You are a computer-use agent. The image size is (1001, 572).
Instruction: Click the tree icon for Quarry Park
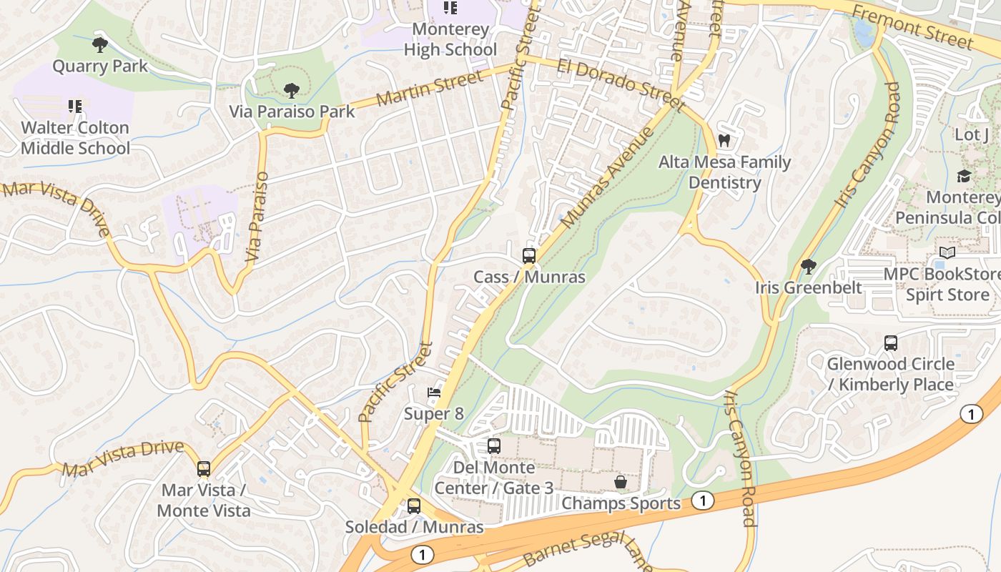100,45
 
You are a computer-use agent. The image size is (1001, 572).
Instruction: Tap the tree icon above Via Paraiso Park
291,91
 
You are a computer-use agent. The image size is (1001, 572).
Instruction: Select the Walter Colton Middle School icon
75,107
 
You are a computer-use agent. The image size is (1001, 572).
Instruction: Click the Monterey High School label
450,39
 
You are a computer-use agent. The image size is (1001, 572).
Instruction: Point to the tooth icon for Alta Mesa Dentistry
724,141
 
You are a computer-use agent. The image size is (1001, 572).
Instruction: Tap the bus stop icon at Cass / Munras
529,255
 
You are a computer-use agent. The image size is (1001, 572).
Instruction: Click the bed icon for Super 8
434,393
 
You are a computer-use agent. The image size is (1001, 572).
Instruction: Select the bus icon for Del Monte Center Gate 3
494,446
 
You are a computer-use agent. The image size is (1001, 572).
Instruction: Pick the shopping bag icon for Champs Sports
621,482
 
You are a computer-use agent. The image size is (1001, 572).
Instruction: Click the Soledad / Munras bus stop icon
414,506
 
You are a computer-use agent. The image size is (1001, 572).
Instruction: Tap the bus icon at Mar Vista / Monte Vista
204,469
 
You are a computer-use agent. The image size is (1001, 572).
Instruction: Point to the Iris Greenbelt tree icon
809,267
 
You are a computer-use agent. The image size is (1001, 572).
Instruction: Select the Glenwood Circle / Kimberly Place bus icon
891,342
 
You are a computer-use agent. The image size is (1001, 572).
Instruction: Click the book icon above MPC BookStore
947,253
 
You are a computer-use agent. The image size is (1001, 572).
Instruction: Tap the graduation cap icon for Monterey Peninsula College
964,176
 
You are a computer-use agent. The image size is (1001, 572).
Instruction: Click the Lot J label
972,134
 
